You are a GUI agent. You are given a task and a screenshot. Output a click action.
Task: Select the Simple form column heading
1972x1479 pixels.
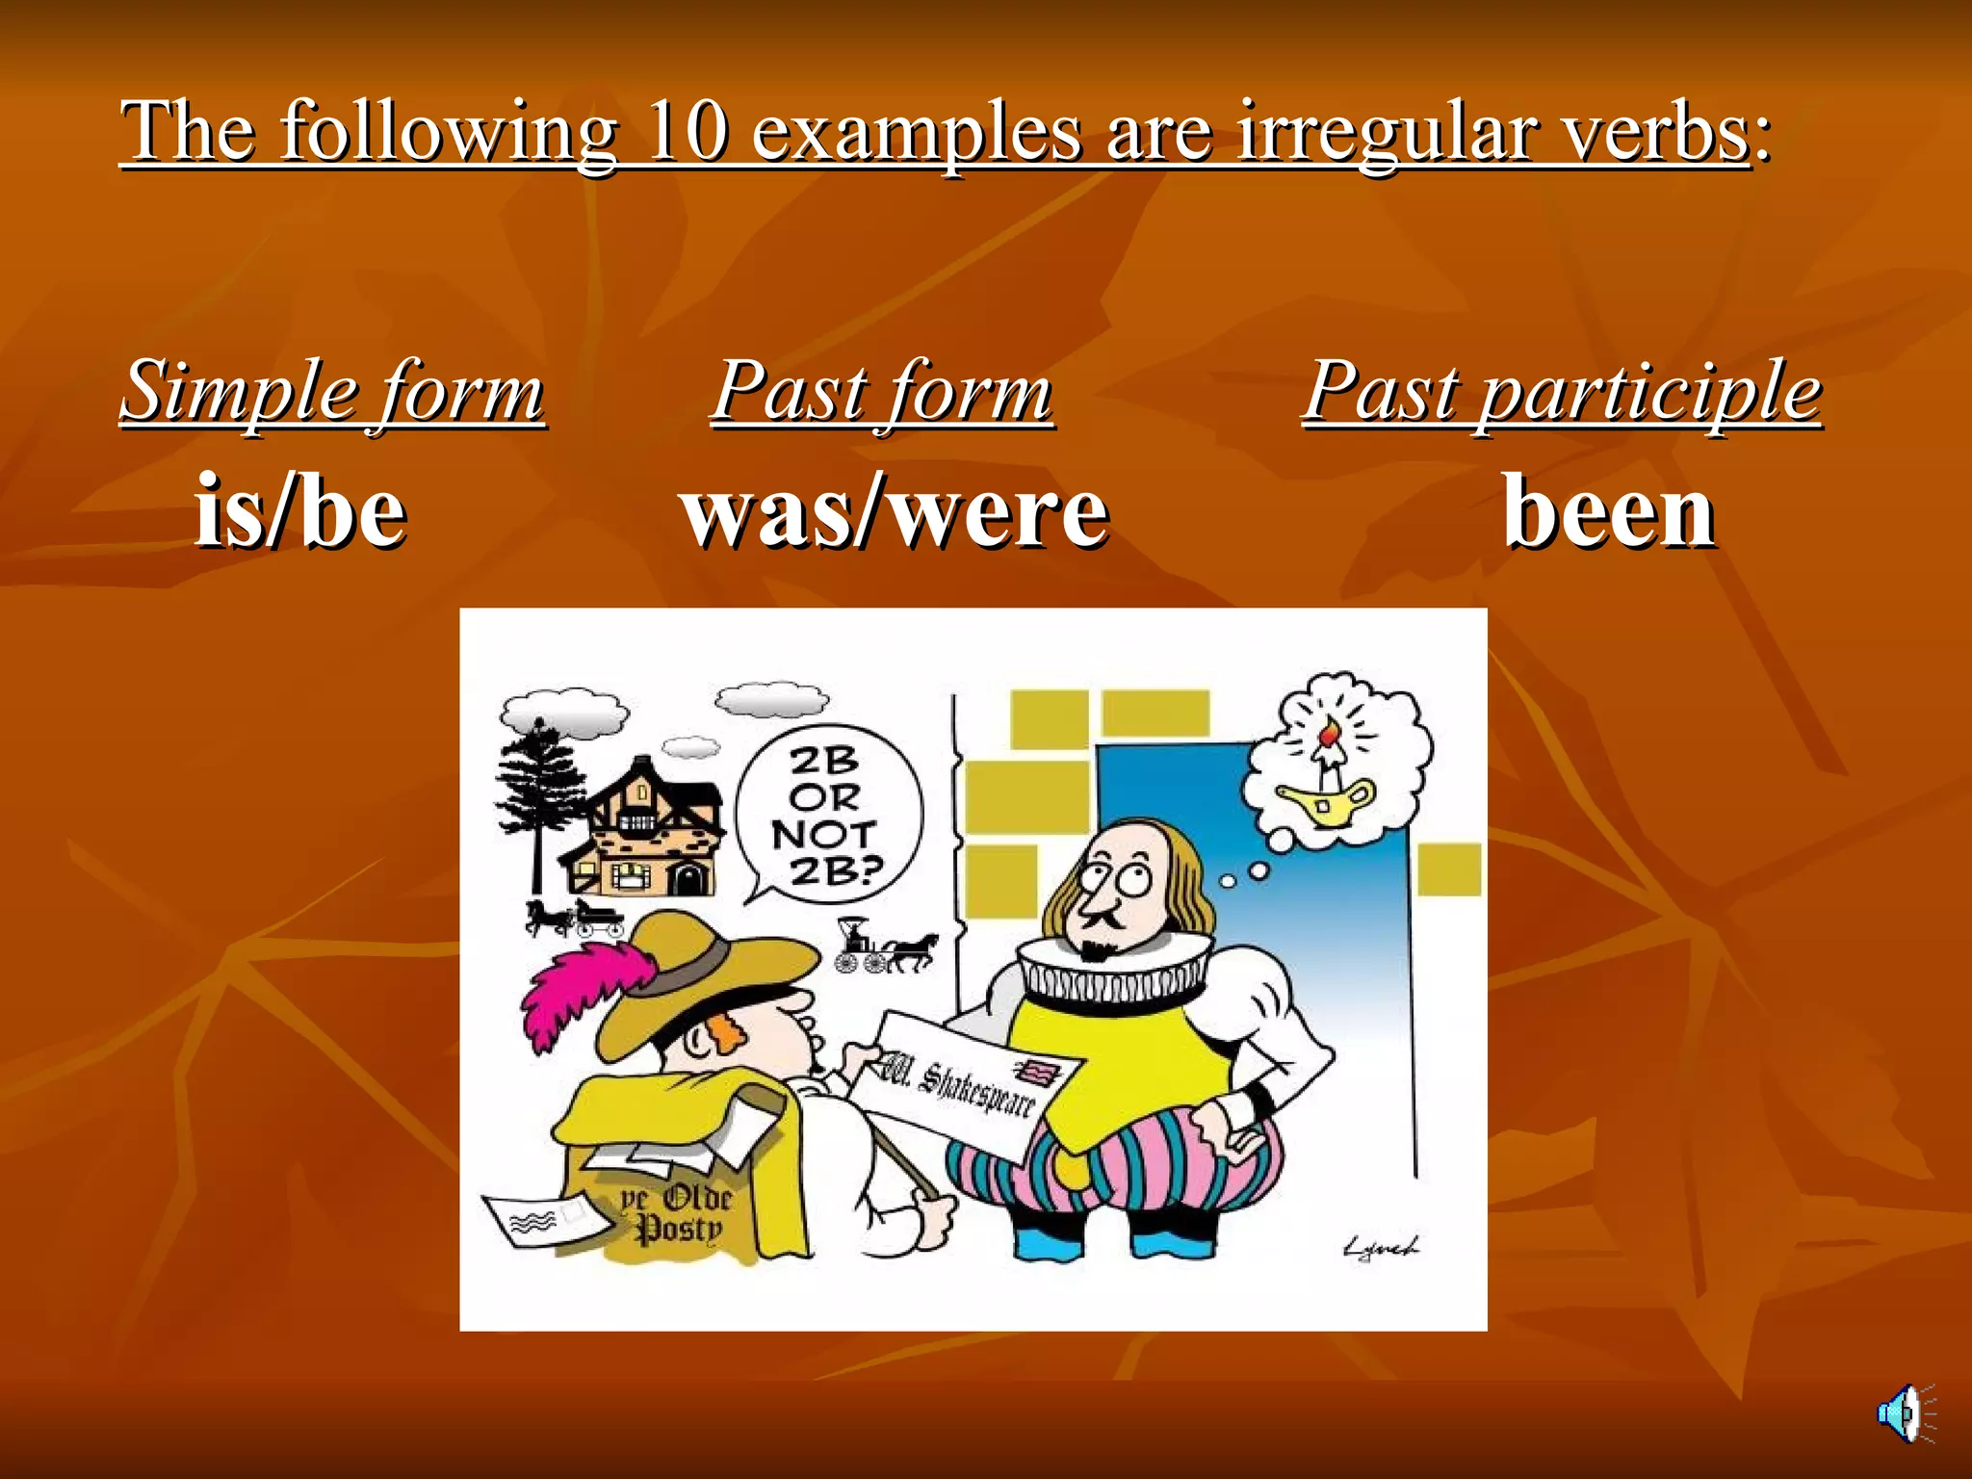(332, 391)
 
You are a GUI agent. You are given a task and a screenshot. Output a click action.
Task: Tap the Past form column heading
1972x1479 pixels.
(882, 391)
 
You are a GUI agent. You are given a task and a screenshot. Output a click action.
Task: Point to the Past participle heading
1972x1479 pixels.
(1562, 391)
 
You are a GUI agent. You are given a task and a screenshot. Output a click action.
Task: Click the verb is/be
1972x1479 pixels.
(300, 511)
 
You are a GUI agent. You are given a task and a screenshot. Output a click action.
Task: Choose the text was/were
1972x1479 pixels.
(895, 511)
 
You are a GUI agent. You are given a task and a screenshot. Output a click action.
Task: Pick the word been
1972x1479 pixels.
(1609, 511)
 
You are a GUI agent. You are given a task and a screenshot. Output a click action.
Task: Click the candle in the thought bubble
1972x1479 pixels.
(1328, 751)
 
